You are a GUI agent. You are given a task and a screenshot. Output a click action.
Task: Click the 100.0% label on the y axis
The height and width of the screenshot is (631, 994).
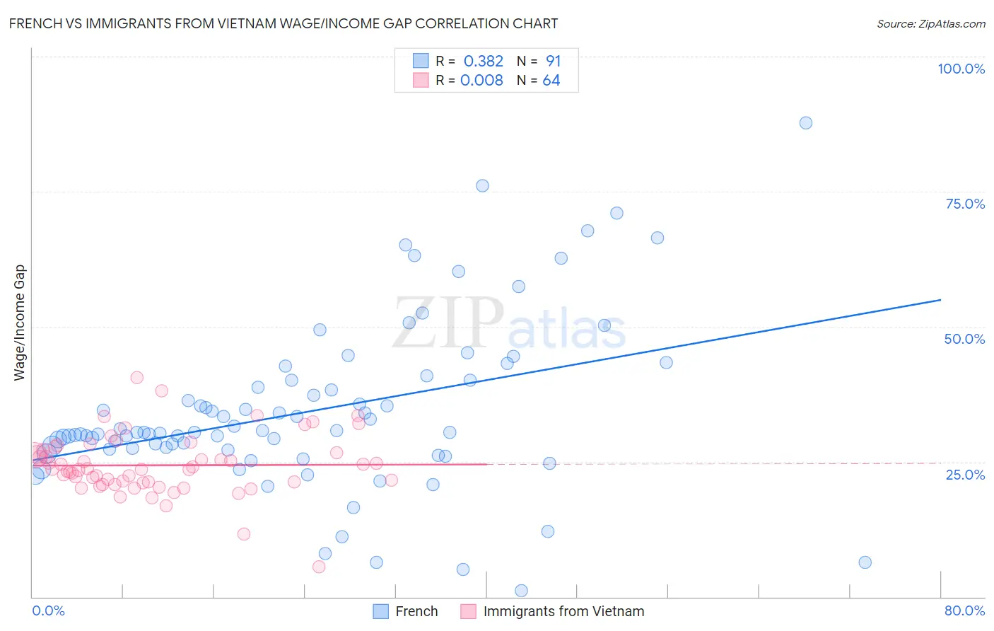(x=961, y=69)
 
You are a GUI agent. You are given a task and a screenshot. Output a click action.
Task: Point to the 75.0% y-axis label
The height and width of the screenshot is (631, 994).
(x=965, y=204)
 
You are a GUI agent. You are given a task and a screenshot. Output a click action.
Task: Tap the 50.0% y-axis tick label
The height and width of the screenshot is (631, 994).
(x=964, y=339)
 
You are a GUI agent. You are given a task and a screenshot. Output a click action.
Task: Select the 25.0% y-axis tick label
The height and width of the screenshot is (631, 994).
(x=965, y=475)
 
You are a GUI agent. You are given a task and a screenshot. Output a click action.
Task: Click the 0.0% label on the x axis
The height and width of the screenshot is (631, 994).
(x=48, y=610)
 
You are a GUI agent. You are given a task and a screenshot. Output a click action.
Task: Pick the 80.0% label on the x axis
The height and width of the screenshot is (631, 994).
(x=964, y=610)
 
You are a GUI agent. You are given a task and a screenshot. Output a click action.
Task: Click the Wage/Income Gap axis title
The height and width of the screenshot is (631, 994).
(x=20, y=323)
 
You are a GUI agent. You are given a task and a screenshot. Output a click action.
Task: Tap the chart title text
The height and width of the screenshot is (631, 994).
(x=283, y=24)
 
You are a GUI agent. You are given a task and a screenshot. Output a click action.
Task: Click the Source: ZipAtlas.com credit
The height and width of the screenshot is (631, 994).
(x=930, y=24)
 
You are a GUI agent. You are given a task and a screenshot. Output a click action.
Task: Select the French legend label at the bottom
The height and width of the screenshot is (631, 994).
(x=416, y=611)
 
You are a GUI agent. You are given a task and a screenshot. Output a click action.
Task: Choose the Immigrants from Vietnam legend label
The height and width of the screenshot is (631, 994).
(x=563, y=611)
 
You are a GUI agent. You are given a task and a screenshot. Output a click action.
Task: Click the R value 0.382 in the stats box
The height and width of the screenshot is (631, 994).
(x=483, y=61)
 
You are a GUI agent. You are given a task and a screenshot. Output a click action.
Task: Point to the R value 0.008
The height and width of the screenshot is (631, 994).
(x=481, y=80)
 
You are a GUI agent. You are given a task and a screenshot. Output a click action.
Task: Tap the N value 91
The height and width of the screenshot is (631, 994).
(x=553, y=61)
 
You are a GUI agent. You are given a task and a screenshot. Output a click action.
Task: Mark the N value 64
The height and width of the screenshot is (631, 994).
(x=551, y=80)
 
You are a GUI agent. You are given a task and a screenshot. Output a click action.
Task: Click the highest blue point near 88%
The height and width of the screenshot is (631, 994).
(x=805, y=123)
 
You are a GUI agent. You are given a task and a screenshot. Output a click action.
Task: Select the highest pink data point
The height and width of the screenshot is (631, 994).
(x=137, y=378)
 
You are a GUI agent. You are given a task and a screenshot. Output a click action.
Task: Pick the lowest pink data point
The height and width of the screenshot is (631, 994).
(x=319, y=567)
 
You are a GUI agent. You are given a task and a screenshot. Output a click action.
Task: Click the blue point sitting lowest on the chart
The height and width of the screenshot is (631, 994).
(x=521, y=591)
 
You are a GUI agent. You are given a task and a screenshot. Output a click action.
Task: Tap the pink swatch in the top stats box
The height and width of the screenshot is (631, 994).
(x=421, y=80)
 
